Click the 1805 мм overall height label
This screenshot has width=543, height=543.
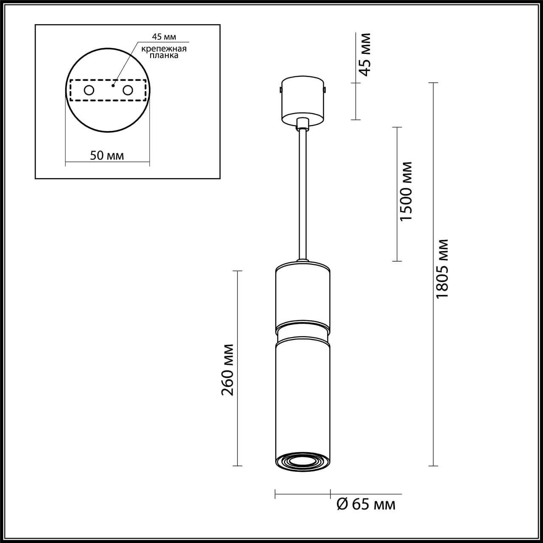click(442, 268)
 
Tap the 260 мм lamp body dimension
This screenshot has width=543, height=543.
click(228, 369)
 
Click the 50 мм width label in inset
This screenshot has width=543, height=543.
click(107, 155)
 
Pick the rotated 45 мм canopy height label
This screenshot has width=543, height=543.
click(364, 54)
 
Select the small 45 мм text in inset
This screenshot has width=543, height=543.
click(164, 37)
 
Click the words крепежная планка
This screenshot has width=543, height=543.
click(164, 52)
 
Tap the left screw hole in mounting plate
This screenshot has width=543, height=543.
click(89, 90)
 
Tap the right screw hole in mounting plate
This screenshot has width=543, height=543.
click(127, 90)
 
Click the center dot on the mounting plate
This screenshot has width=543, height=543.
click(112, 85)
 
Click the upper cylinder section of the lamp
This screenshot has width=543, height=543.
click(302, 295)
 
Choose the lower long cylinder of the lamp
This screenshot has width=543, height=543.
click(302, 395)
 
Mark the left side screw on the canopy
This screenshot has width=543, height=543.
click(281, 90)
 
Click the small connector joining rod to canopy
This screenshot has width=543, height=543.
click(302, 123)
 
